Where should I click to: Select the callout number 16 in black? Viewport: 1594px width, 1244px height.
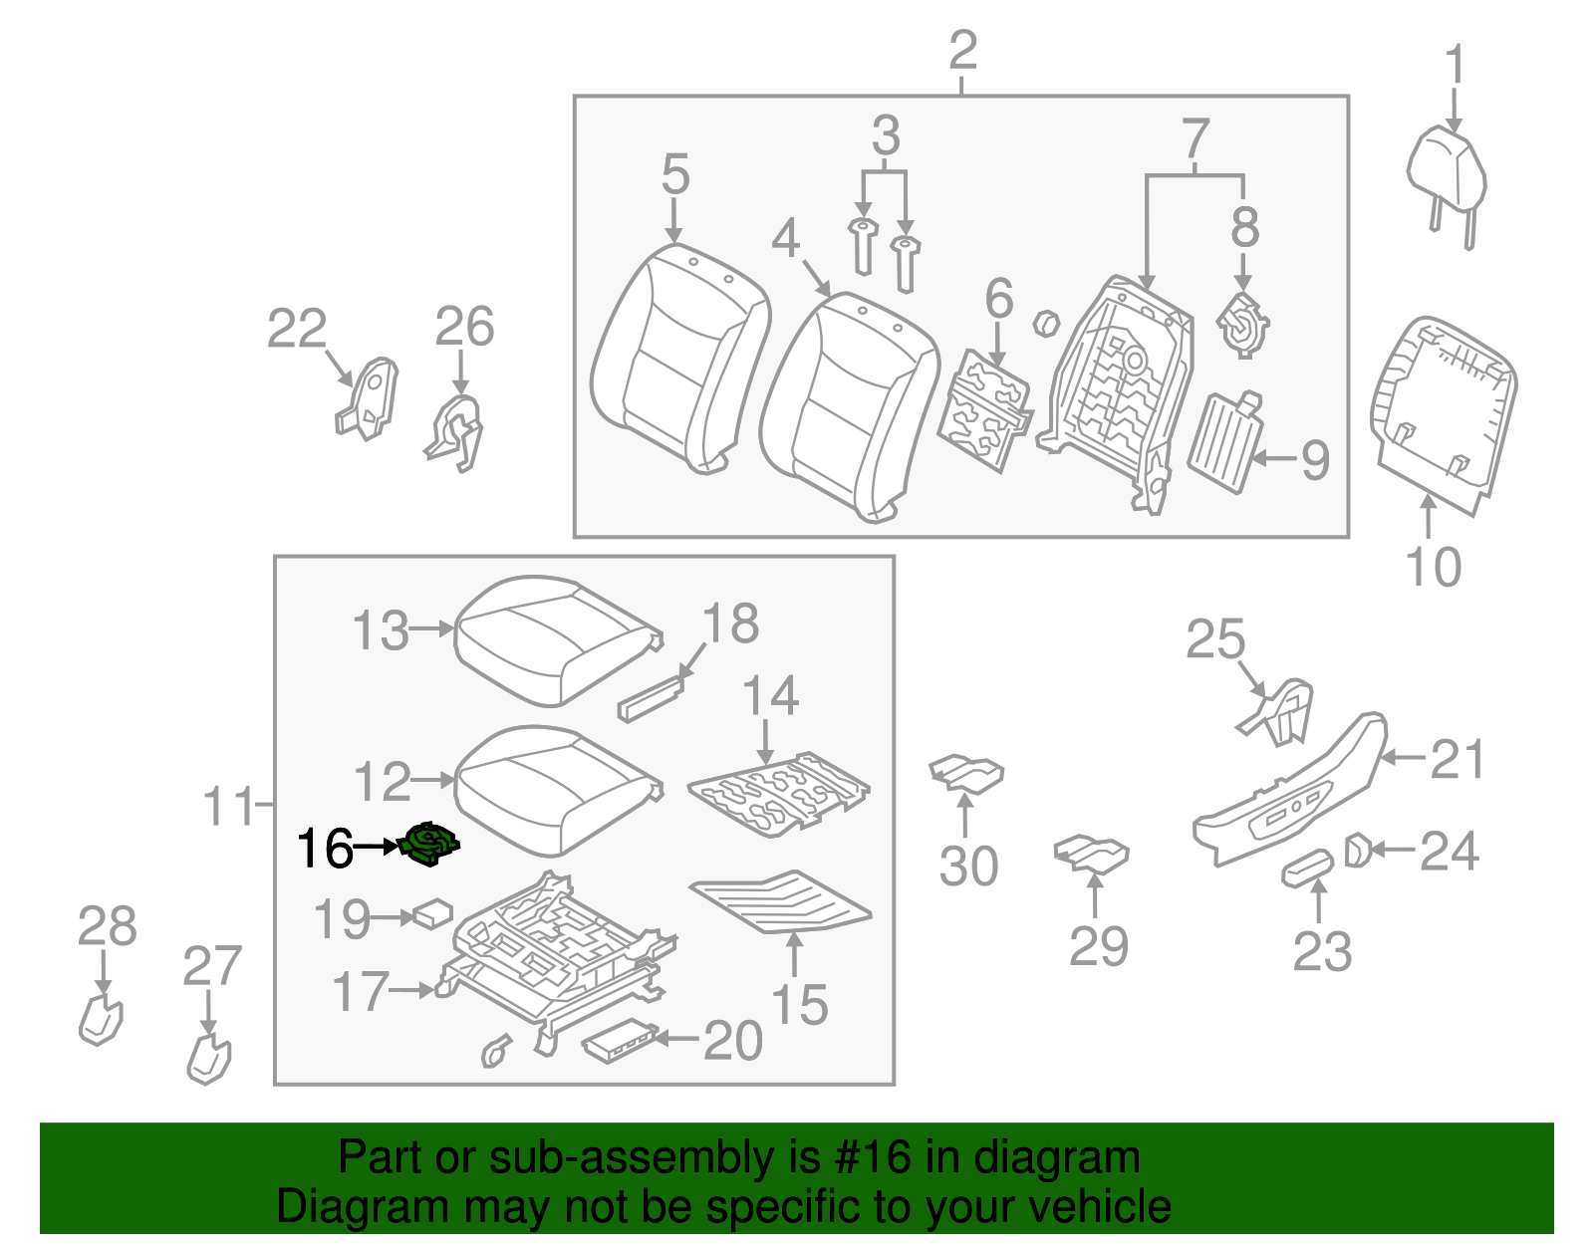tap(325, 850)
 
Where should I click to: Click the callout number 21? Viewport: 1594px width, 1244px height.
tap(1458, 760)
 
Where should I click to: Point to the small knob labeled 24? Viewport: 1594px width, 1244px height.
tap(1356, 851)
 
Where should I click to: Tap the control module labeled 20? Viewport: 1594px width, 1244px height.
tap(619, 1041)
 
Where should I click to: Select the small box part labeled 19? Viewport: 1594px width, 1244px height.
tap(433, 912)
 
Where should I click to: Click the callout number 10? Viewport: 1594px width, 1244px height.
tap(1433, 568)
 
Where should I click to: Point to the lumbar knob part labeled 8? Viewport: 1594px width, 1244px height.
tap(1242, 325)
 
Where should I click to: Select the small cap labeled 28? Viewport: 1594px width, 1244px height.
tap(100, 1018)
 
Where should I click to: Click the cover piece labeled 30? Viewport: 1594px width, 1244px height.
tap(966, 773)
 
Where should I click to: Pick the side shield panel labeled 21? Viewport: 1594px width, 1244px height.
tap(1290, 792)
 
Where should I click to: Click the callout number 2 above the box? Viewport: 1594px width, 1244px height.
tap(962, 50)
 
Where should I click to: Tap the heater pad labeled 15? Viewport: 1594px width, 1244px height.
tap(782, 901)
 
